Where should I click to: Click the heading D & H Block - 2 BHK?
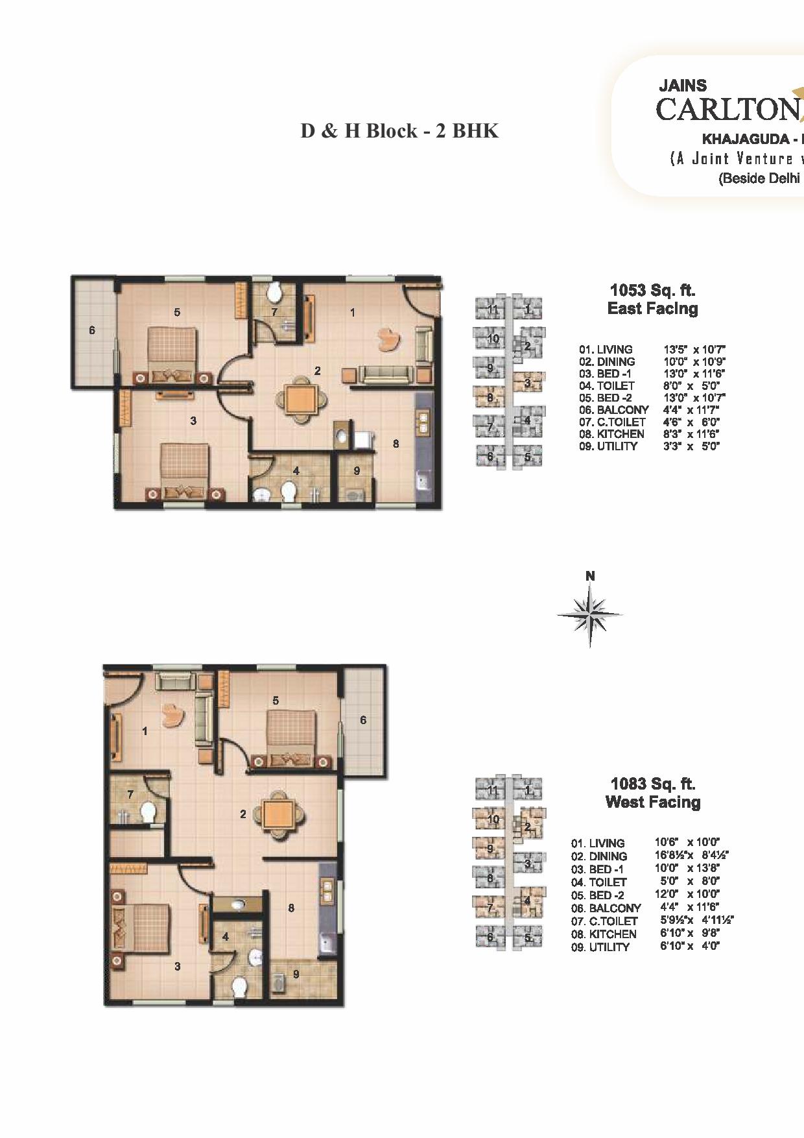399,131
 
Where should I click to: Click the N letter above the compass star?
590,576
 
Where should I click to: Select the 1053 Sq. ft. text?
652,290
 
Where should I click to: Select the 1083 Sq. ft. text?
652,784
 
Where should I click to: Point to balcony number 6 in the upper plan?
92,330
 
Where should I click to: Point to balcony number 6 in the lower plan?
363,720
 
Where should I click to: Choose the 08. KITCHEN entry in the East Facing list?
611,434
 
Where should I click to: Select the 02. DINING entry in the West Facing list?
599,856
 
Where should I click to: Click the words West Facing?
652,803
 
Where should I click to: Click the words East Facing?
652,309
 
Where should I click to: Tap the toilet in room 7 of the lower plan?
148,812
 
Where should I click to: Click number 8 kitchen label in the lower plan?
291,908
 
